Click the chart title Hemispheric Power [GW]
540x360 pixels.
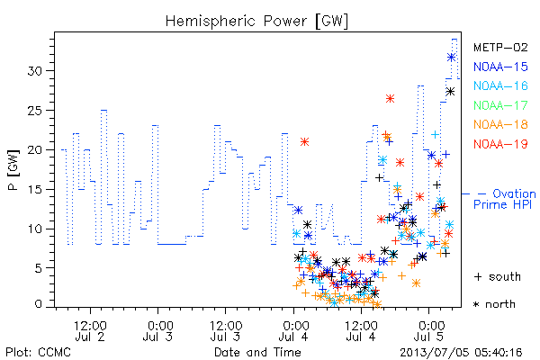pyautogui.click(x=256, y=22)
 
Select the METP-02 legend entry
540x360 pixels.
pyautogui.click(x=500, y=47)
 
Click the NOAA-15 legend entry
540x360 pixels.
pyautogui.click(x=500, y=67)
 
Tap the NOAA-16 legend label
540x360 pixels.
pyautogui.click(x=500, y=85)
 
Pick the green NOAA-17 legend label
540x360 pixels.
pyautogui.click(x=500, y=105)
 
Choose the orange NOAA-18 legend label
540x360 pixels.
pyautogui.click(x=500, y=124)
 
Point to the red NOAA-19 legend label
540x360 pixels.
pyautogui.click(x=500, y=144)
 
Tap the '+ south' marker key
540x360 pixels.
pyautogui.click(x=498, y=276)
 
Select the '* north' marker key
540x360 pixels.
pyautogui.click(x=494, y=304)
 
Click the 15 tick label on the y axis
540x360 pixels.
pyautogui.click(x=34, y=190)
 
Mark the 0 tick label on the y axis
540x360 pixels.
pyautogui.click(x=38, y=304)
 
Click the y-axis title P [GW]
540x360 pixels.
pyautogui.click(x=13, y=170)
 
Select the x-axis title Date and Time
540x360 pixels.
pyautogui.click(x=257, y=352)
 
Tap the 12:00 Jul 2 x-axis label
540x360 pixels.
pyautogui.click(x=90, y=330)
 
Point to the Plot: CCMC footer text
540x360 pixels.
pyautogui.click(x=38, y=352)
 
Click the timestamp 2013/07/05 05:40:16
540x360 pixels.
pyautogui.click(x=461, y=353)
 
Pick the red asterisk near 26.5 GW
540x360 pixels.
pyautogui.click(x=390, y=99)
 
